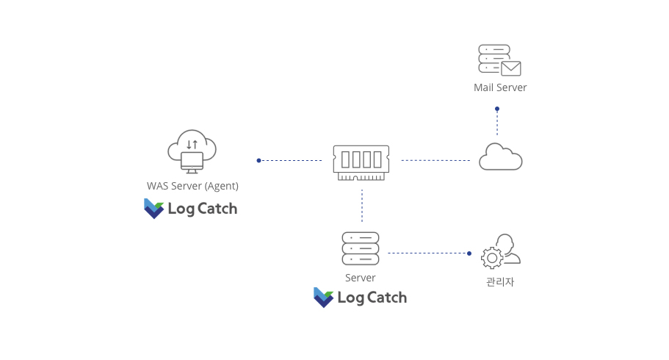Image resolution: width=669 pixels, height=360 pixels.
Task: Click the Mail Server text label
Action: [x=500, y=87]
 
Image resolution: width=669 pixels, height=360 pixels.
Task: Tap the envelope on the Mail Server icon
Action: [x=511, y=68]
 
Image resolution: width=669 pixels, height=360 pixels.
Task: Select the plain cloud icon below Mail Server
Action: [x=500, y=157]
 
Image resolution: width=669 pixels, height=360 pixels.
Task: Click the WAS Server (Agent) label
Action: [x=192, y=185]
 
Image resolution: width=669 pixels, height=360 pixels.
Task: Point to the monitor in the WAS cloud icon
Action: [x=192, y=161]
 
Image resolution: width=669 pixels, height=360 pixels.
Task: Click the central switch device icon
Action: [x=361, y=162]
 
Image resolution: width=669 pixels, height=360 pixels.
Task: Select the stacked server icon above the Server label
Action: [x=361, y=248]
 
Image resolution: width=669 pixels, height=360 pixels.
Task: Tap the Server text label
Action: [x=361, y=278]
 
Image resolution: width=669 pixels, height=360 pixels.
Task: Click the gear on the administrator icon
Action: [x=491, y=258]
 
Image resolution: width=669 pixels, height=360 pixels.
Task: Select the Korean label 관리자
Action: [x=500, y=281]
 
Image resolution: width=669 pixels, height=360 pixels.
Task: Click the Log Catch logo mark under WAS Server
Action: [x=153, y=209]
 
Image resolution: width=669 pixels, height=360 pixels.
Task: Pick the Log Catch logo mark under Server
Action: [x=323, y=297]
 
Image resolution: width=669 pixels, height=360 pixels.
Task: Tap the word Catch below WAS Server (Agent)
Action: [x=217, y=209]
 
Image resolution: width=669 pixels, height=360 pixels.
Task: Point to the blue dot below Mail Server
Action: [x=497, y=109]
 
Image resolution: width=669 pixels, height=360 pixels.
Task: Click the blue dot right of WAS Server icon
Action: [x=258, y=160]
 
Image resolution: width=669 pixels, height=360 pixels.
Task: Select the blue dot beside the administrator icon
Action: [x=469, y=253]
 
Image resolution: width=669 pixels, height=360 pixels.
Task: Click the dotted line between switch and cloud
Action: [x=435, y=160]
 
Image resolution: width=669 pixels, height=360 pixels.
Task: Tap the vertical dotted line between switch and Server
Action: [x=362, y=206]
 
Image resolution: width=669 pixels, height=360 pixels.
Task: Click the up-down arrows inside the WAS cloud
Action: [x=192, y=144]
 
